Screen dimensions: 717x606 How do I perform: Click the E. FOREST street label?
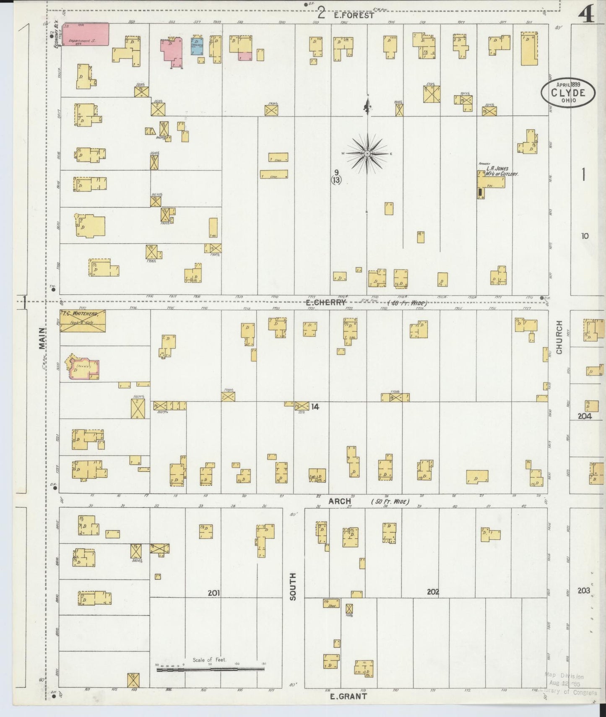[354, 15]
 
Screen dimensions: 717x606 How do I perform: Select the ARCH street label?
[340, 501]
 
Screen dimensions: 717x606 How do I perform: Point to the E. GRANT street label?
[349, 696]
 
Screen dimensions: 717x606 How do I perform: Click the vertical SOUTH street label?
[293, 586]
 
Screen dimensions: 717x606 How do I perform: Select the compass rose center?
[367, 154]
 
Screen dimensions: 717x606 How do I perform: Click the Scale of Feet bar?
[210, 669]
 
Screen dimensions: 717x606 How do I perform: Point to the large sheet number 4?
[586, 16]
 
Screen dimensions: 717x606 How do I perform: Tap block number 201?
[214, 593]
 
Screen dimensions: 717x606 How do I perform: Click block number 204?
[584, 416]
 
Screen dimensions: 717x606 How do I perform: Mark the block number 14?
[315, 406]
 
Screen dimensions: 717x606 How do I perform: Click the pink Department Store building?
[86, 34]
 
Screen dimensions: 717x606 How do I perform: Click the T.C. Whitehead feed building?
[83, 321]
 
